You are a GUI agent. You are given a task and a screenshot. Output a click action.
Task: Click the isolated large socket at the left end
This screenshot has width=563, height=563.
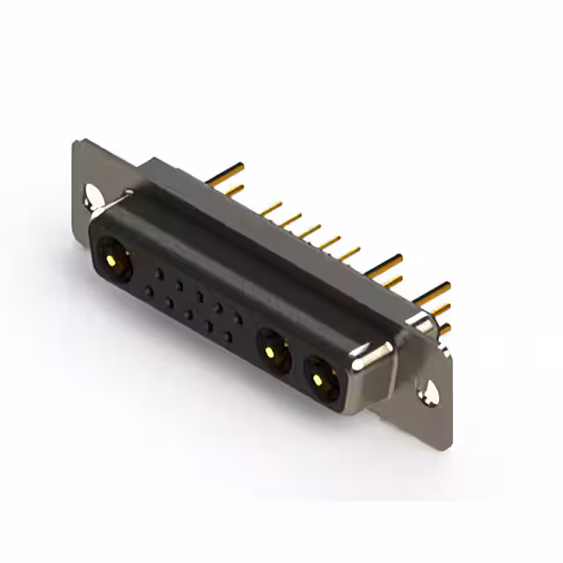(x=112, y=260)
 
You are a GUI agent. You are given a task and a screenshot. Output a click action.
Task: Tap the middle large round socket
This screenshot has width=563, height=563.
(x=274, y=355)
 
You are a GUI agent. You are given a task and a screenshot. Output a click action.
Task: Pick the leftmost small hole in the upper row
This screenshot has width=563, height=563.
(x=158, y=274)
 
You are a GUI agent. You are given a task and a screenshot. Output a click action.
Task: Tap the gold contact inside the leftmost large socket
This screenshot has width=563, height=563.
(x=112, y=260)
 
